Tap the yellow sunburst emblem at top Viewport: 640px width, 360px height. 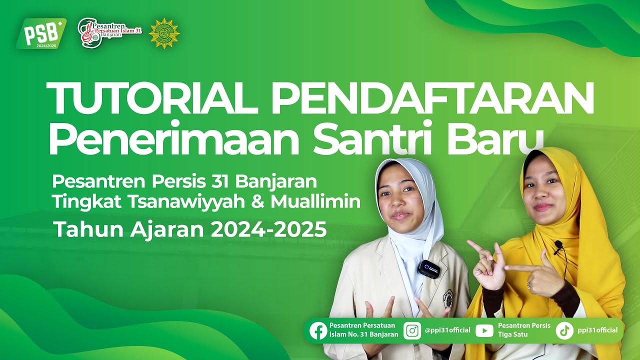(164, 33)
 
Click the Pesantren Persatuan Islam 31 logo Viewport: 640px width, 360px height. (110, 32)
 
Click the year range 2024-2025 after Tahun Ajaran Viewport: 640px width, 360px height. (268, 229)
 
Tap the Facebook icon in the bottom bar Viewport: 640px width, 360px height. (318, 330)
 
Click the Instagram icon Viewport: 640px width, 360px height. (412, 330)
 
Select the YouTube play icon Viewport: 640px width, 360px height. (484, 330)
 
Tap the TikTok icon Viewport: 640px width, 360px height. (564, 330)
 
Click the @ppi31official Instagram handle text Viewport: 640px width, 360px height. (447, 330)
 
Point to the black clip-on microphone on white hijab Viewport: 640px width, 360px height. (429, 269)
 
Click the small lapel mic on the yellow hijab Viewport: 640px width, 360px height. (558, 245)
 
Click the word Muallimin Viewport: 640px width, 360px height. (316, 201)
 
